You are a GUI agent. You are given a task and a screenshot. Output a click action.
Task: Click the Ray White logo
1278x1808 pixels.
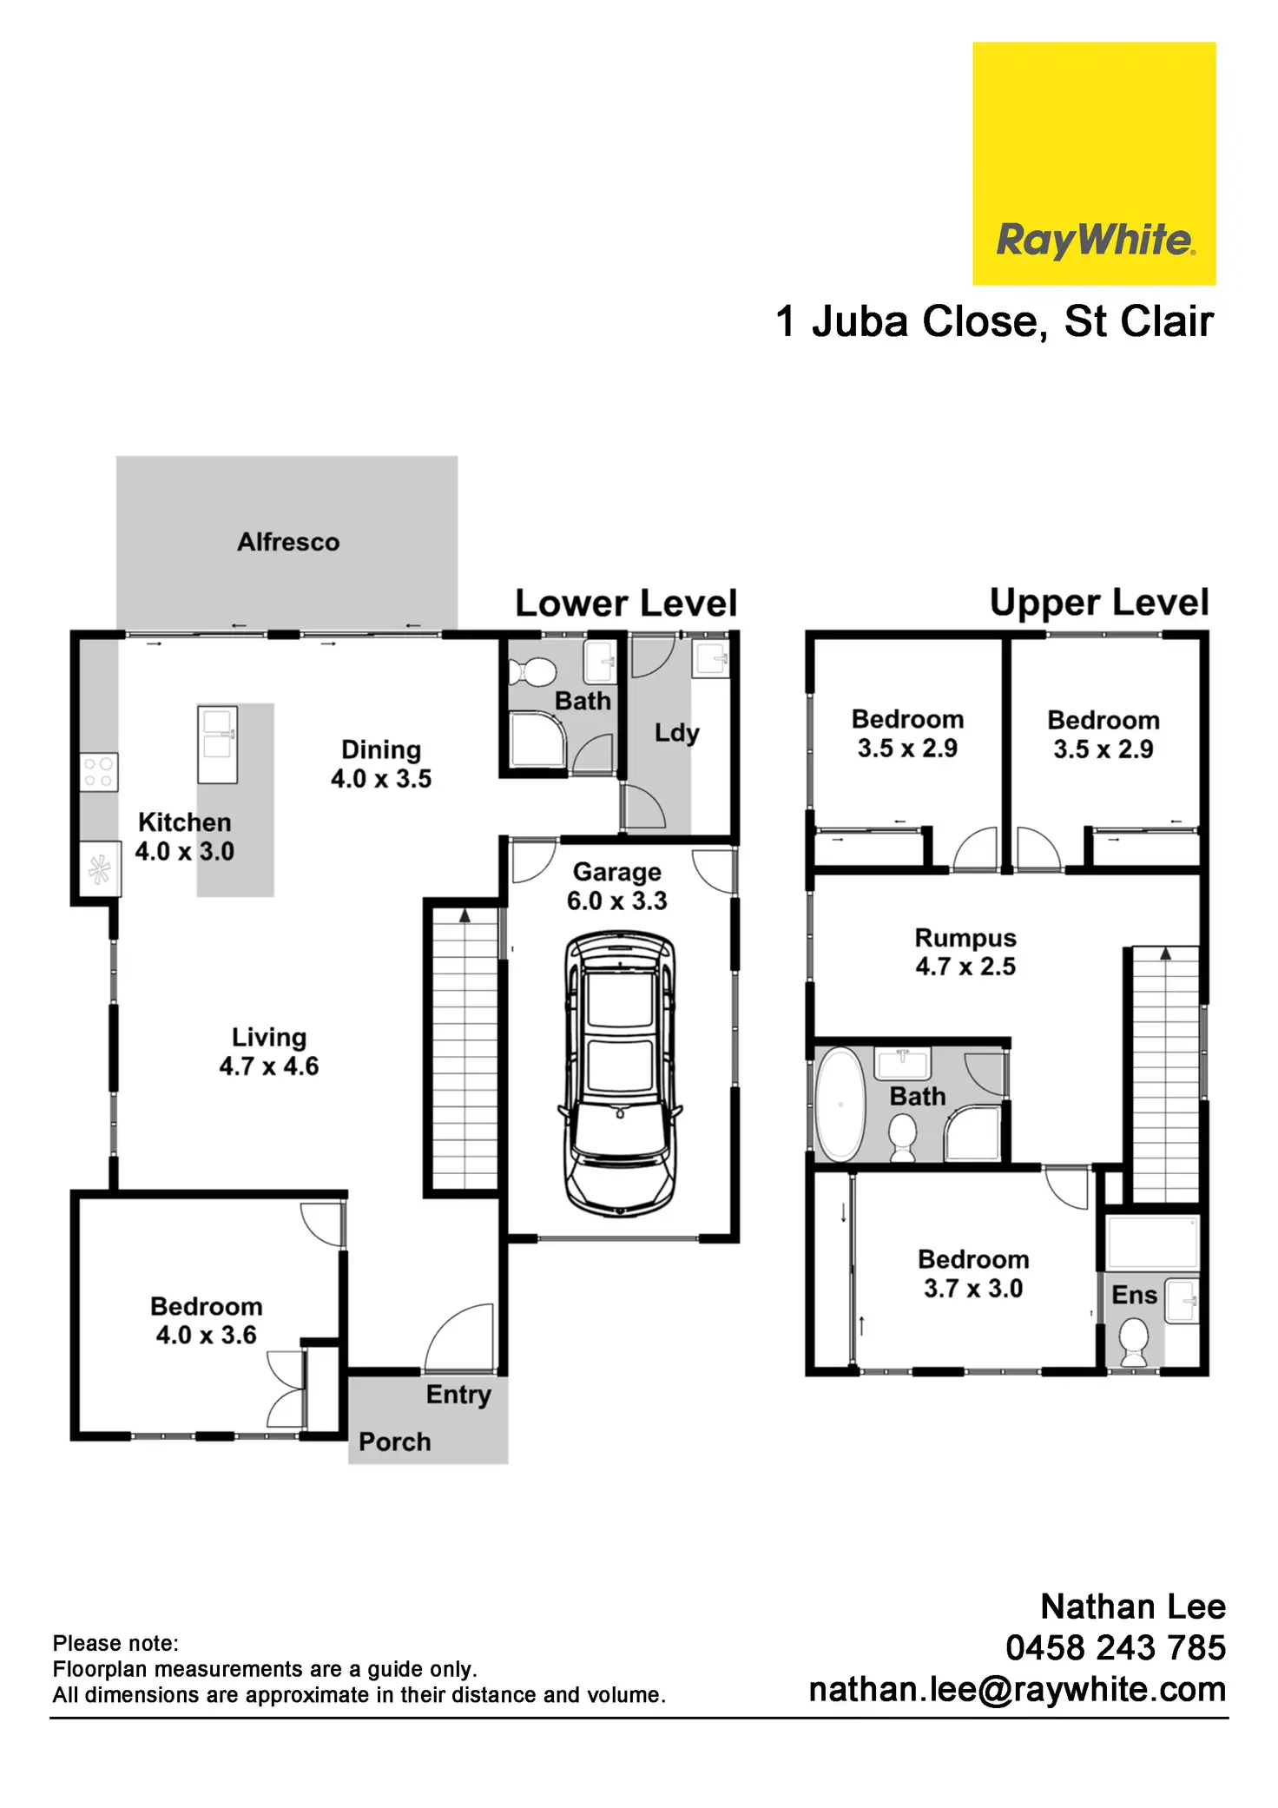click(x=1093, y=163)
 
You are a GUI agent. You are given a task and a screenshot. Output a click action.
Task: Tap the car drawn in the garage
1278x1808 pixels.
click(x=619, y=1073)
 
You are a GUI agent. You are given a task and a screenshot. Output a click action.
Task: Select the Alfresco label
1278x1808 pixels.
click(x=288, y=542)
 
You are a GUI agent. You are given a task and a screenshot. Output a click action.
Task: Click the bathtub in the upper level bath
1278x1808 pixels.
click(x=840, y=1105)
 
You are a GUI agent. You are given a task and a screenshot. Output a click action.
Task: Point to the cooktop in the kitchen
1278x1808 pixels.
click(x=98, y=772)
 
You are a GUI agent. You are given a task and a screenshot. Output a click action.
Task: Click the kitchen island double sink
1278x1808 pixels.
click(x=217, y=745)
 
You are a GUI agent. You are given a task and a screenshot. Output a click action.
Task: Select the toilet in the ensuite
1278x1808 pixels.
click(x=1133, y=1342)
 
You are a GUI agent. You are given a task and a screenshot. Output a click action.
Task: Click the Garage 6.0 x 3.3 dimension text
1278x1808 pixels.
click(x=616, y=901)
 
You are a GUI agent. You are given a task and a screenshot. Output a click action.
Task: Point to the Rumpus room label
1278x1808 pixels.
click(x=965, y=939)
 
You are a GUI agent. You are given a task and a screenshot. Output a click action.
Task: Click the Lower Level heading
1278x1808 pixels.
click(x=625, y=604)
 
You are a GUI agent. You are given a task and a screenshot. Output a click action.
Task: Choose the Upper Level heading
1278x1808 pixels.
click(x=1098, y=603)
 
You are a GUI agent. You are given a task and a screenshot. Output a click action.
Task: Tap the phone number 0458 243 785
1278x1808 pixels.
click(x=1115, y=1647)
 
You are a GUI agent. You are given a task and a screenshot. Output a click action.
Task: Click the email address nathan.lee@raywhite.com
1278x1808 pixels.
click(x=1017, y=1689)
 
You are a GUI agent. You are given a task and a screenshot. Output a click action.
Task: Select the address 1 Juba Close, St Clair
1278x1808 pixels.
click(x=994, y=321)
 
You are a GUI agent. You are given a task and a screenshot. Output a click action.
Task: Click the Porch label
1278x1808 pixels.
click(x=395, y=1442)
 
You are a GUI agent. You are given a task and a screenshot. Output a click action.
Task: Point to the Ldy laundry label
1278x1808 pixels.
click(x=676, y=733)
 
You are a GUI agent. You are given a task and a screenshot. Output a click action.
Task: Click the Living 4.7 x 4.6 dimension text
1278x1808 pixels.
click(x=268, y=1066)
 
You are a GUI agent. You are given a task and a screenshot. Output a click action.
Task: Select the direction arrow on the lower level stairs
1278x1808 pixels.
click(x=464, y=915)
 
